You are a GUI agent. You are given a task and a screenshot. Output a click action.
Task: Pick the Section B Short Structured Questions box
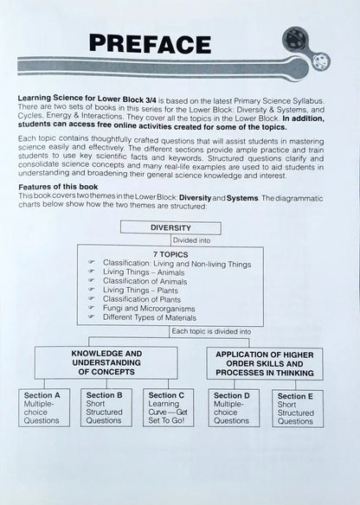coord(108,407)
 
